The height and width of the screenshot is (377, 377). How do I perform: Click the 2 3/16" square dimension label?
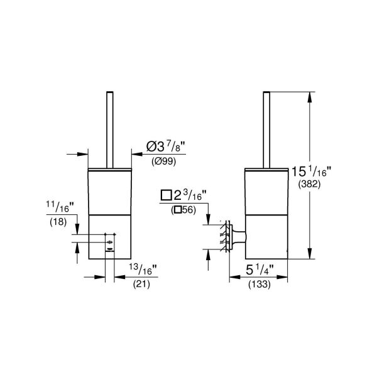click(x=185, y=195)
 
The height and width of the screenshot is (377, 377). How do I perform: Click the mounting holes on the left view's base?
click(x=109, y=241)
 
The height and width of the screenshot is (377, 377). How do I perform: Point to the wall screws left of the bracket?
click(x=222, y=236)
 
